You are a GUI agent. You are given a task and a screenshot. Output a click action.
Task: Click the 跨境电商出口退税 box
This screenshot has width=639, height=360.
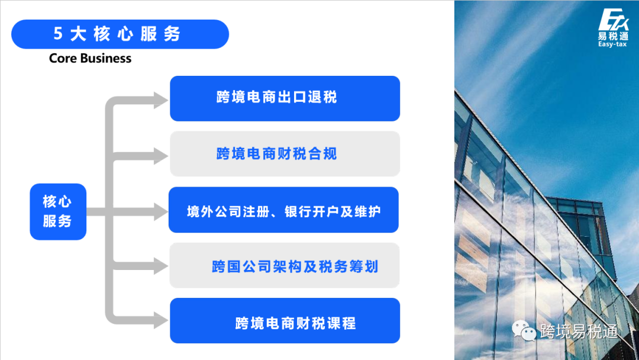click(285, 98)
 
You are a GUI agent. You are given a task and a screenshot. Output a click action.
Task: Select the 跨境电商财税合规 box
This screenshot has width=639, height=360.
click(285, 154)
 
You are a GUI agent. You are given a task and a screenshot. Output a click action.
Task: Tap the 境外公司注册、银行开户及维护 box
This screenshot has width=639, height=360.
click(283, 210)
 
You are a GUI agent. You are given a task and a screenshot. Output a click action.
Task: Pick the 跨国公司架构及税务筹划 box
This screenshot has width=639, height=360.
click(285, 266)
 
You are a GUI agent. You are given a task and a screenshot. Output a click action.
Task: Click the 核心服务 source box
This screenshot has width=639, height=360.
click(58, 211)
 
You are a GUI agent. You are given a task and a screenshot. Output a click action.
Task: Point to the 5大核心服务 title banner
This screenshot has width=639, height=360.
click(120, 34)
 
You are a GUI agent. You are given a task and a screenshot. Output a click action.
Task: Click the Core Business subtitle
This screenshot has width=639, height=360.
click(90, 58)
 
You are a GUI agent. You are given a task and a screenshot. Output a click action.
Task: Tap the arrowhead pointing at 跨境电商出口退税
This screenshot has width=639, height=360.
click(160, 100)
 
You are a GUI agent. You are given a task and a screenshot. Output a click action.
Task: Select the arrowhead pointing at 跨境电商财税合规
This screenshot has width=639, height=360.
click(160, 156)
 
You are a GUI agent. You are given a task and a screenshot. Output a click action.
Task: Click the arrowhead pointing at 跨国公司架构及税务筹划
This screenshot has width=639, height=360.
click(160, 266)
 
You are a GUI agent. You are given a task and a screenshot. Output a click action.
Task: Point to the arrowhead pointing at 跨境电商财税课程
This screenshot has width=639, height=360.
click(160, 320)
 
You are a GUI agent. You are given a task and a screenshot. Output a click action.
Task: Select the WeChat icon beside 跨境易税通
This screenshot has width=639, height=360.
click(524, 331)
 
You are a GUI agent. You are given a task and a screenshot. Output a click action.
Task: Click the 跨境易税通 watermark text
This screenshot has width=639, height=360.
click(579, 332)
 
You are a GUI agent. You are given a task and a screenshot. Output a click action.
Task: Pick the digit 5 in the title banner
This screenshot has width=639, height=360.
click(58, 34)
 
